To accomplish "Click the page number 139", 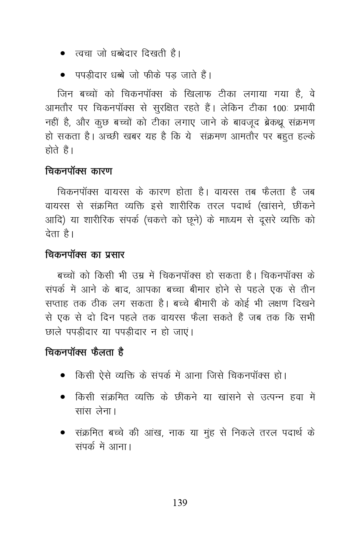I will coord(180,503).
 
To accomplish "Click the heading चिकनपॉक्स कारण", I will coord(78,171).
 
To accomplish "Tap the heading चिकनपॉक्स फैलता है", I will coord(84,352).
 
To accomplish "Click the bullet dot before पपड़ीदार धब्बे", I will coord(63,75).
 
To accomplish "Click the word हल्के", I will coord(303,136).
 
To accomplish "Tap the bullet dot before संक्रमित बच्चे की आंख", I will coord(63,433).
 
